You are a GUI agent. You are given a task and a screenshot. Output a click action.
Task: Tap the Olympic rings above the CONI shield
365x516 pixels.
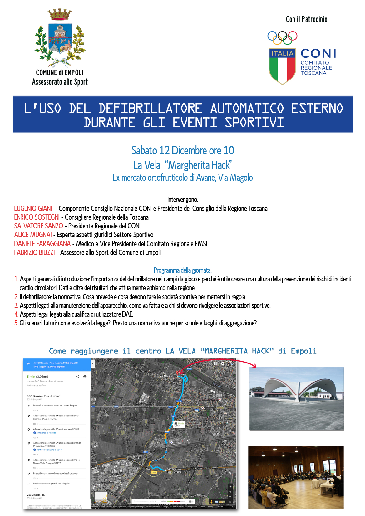pos(282,37)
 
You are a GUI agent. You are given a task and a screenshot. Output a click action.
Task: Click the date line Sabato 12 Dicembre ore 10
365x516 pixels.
pos(183,151)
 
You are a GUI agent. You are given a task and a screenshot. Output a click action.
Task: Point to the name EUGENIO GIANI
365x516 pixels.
pos(33,208)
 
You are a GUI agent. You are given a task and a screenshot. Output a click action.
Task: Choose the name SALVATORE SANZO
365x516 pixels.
pos(38,226)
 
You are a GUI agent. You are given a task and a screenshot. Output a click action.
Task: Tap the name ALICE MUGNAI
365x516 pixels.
pos(33,235)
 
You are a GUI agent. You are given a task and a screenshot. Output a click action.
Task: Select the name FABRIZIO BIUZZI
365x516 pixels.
pos(34,252)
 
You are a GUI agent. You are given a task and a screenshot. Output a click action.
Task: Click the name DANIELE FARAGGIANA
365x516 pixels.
pos(42,244)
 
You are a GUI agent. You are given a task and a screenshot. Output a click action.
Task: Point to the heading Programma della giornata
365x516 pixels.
pos(183,270)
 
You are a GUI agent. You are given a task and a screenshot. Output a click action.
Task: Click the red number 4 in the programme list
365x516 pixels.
pos(16,314)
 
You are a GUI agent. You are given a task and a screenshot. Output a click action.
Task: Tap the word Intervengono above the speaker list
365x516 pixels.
pos(183,199)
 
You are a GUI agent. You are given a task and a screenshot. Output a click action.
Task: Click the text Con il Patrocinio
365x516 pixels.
pos(306,19)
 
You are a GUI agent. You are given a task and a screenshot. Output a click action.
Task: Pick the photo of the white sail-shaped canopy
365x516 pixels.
pos(297,398)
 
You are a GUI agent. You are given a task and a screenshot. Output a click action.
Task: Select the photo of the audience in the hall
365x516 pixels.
pos(296,477)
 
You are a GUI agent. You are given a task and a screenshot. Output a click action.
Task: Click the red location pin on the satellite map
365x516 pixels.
pos(177,372)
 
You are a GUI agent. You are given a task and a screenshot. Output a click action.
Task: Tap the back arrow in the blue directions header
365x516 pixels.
pos(28,364)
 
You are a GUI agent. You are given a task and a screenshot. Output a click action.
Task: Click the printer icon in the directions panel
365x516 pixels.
pos(85,377)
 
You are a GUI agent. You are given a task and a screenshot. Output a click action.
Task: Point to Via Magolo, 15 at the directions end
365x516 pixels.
pos(36,495)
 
